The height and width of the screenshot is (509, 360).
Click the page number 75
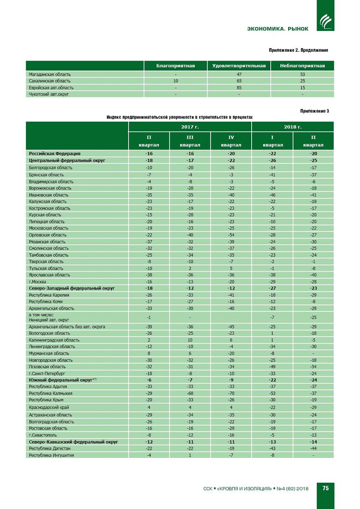tap(325, 488)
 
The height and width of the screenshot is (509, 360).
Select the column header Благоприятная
tap(176, 66)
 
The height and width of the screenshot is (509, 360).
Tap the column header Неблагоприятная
tap(302, 66)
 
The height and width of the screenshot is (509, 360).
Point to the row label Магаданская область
tap(50, 74)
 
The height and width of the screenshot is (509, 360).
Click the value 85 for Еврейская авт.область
tap(239, 88)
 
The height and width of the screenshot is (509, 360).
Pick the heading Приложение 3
tap(314, 111)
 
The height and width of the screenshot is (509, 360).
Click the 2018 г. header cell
tap(292, 127)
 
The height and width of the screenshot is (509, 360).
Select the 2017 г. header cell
tap(190, 127)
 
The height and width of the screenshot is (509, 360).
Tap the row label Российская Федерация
tap(55, 154)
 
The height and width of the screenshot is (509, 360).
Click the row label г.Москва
tap(37, 282)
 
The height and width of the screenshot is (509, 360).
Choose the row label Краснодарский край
tap(49, 408)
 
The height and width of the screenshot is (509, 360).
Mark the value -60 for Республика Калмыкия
tap(190, 393)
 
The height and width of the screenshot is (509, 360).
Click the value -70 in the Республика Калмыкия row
tap(231, 393)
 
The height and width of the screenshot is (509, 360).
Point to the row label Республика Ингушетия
tap(51, 455)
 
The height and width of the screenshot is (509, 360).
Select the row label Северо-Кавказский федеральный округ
tap(73, 442)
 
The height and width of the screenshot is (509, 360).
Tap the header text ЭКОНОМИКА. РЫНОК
tap(278, 29)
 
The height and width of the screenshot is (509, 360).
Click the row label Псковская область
tap(47, 367)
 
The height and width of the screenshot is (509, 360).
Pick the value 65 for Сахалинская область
tap(239, 81)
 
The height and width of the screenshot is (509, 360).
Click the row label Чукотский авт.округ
tap(49, 94)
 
